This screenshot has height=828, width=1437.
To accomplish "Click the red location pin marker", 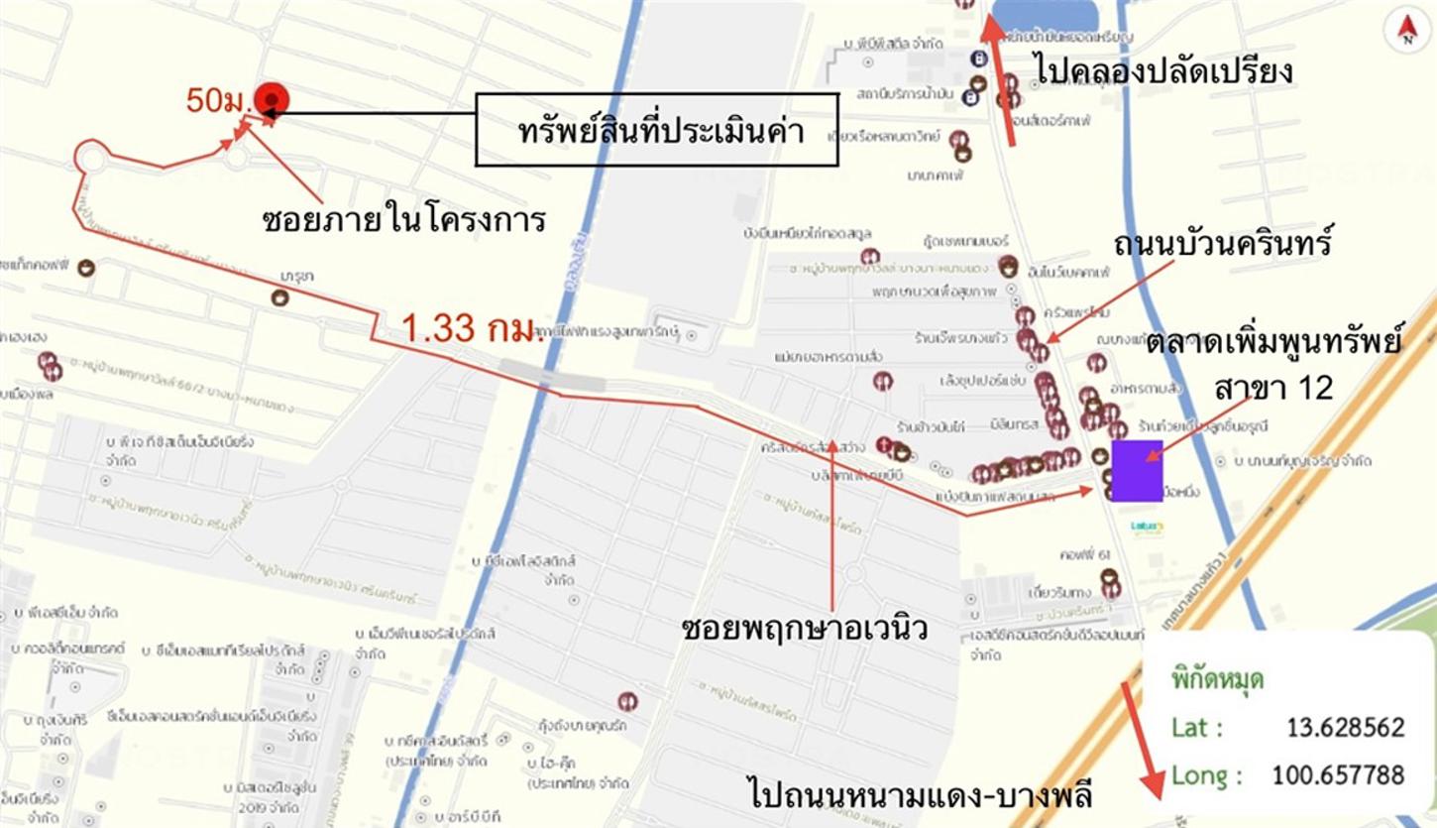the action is pos(271,99).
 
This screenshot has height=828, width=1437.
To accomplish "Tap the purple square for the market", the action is pos(1136,471).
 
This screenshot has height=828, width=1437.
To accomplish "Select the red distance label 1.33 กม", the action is pos(468,328).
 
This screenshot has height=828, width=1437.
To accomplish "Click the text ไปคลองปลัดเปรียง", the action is pos(1163,69).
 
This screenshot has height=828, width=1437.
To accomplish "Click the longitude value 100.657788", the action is pos(1338,773).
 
